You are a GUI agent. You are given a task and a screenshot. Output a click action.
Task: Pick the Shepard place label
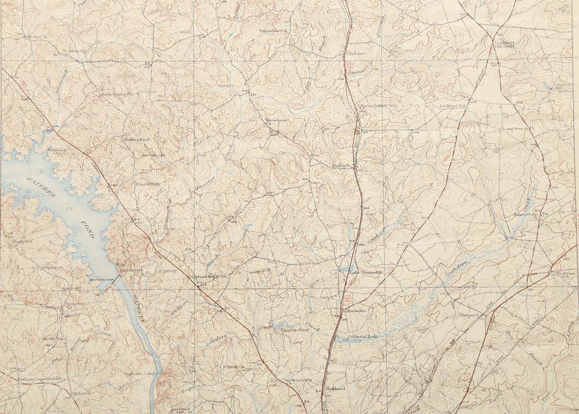(x=470, y=315)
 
